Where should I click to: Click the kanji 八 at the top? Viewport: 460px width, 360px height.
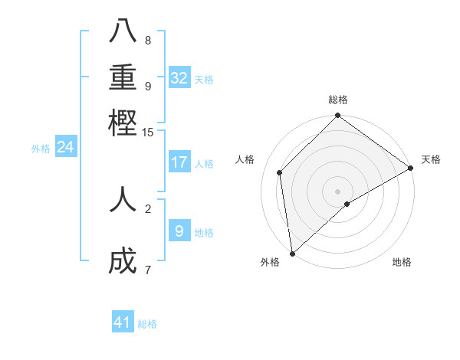(123, 31)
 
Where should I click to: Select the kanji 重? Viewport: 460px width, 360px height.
(123, 77)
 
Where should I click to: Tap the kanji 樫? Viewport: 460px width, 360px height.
(123, 122)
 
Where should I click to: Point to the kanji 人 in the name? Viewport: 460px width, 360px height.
(123, 198)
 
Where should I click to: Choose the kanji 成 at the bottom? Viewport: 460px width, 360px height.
(123, 261)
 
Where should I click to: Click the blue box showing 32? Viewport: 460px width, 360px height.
(179, 78)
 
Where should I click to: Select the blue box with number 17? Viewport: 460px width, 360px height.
(179, 162)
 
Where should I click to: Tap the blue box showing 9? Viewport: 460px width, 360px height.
(179, 231)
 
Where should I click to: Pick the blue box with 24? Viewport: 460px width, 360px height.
(65, 147)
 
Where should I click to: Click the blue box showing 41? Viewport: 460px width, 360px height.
(123, 322)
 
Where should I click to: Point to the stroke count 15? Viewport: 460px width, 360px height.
(147, 133)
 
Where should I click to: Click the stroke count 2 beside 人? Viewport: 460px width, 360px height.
(147, 208)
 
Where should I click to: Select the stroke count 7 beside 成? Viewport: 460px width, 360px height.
(147, 270)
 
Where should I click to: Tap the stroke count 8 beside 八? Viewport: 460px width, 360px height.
(147, 40)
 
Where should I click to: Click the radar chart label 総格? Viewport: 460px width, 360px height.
(338, 100)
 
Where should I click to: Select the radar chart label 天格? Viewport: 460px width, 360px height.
(431, 159)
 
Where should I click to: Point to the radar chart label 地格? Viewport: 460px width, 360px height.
(402, 262)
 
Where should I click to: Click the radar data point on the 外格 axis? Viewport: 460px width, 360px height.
(292, 253)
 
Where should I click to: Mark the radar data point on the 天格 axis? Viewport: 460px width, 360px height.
(411, 168)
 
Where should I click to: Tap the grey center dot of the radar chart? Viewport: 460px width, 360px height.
(338, 191)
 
